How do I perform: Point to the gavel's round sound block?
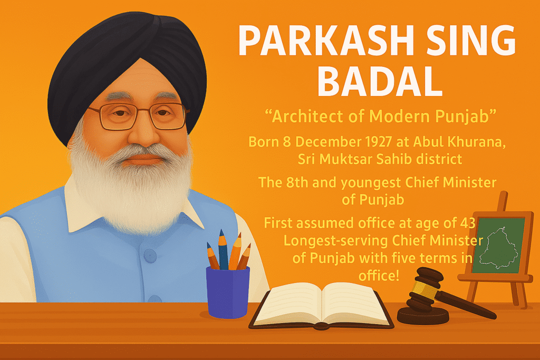tap(422, 315)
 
